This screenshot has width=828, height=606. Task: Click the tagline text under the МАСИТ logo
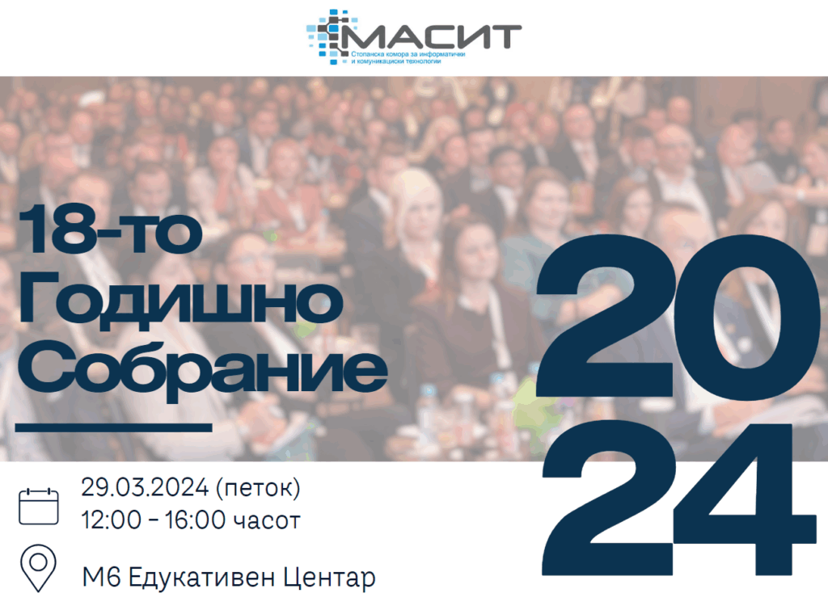(408, 57)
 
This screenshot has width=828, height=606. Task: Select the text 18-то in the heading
(110, 230)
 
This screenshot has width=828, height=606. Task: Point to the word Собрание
(203, 370)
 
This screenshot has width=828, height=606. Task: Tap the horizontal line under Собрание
(113, 427)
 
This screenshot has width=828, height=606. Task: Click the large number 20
(678, 316)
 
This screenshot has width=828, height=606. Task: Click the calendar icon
(39, 506)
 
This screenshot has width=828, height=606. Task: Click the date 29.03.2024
(145, 487)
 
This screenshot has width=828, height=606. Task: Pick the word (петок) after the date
(258, 488)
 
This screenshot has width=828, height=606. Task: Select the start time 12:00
(112, 520)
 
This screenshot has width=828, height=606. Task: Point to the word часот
(267, 522)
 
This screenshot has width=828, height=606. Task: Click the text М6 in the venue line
(101, 576)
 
